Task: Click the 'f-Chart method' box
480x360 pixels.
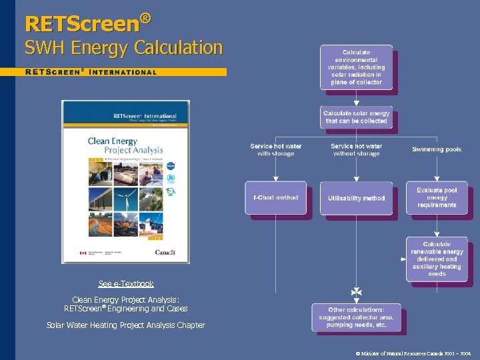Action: point(275,197)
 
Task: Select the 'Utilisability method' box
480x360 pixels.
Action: point(356,198)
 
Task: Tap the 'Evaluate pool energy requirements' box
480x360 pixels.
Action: point(437,197)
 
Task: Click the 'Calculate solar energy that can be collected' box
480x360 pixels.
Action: point(356,117)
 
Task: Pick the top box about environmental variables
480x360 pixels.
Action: point(356,67)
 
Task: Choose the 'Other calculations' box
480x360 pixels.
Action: point(356,317)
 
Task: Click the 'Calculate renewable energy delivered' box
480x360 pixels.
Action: point(437,259)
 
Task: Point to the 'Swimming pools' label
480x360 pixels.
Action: point(437,149)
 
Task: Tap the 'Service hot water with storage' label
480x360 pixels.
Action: point(275,149)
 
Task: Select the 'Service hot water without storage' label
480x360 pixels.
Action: point(356,149)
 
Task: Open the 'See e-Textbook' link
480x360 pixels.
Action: point(126,284)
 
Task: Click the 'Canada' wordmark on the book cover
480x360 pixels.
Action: point(165,253)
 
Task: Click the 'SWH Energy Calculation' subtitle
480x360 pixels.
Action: point(123,48)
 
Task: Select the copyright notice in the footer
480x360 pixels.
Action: point(413,351)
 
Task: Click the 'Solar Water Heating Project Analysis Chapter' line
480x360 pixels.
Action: point(126,325)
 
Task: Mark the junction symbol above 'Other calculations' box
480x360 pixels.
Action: point(356,292)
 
